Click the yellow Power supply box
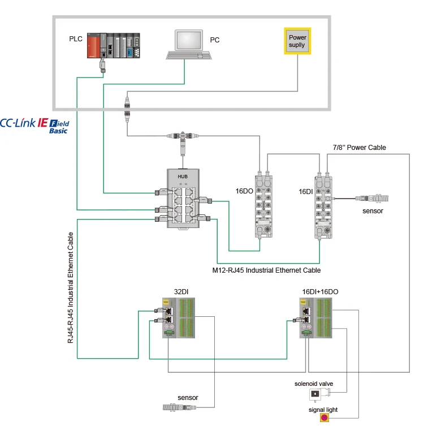pyautogui.click(x=297, y=41)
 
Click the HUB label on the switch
pyautogui.click(x=183, y=177)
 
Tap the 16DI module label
pyautogui.click(x=306, y=192)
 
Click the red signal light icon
pyautogui.click(x=325, y=418)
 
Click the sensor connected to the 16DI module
pyautogui.click(x=373, y=199)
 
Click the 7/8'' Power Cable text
pyautogui.click(x=358, y=148)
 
